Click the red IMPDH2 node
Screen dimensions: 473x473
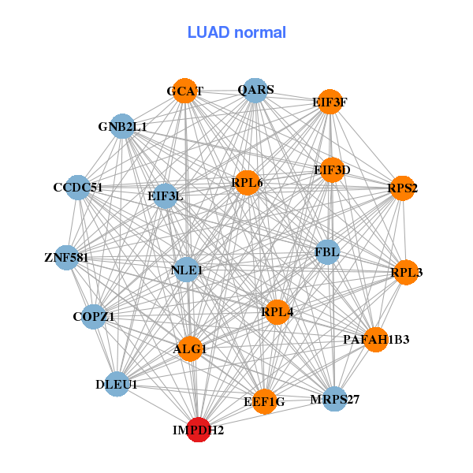pos(199,430)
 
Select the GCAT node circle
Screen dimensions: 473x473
pos(184,91)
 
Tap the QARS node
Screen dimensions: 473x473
pos(254,90)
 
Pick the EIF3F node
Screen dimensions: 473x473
pos(329,102)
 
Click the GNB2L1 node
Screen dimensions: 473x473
pos(122,126)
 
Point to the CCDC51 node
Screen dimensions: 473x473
pos(78,187)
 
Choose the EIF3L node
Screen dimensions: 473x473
pos(165,196)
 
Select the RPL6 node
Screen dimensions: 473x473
pos(247,183)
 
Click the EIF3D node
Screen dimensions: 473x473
pos(332,169)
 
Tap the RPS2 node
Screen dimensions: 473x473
pos(402,188)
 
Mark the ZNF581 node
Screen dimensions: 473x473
pos(66,257)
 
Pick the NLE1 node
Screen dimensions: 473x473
pos(187,270)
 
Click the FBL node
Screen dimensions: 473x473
pos(326,252)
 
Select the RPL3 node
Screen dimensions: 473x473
pos(406,272)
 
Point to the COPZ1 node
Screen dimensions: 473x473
pos(94,317)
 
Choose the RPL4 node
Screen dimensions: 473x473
pos(277,312)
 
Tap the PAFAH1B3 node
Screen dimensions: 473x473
pos(376,339)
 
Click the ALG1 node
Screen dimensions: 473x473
pos(189,348)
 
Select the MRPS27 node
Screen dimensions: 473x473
pos(334,399)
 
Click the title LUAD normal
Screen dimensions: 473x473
pos(236,32)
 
